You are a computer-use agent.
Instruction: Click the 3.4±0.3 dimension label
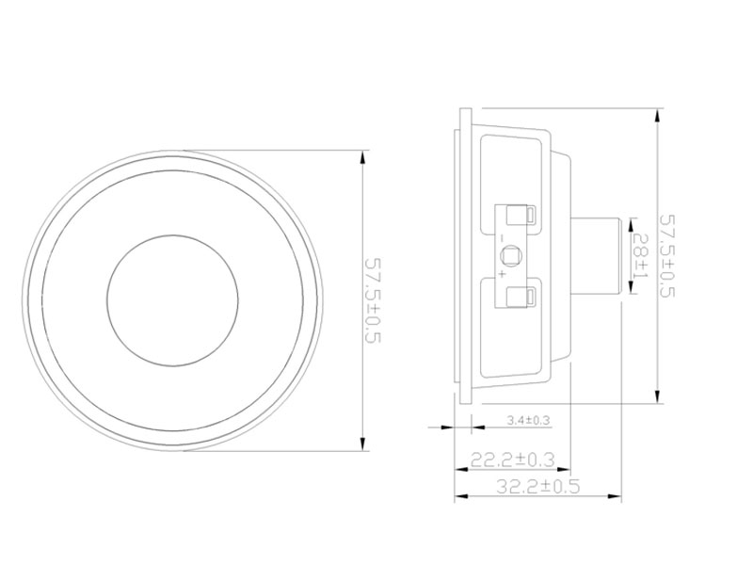(x=528, y=420)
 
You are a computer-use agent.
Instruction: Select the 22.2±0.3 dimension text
(x=512, y=460)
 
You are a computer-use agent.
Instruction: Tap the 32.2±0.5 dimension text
(x=537, y=486)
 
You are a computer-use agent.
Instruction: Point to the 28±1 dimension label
(x=641, y=255)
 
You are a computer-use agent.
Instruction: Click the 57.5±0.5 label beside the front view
(x=373, y=300)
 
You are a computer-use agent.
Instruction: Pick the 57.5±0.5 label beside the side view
(x=667, y=256)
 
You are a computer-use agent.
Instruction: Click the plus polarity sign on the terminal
(x=502, y=274)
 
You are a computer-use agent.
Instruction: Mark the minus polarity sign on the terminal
(x=502, y=238)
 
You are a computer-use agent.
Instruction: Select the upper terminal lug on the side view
(x=521, y=215)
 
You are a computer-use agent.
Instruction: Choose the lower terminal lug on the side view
(x=521, y=297)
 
